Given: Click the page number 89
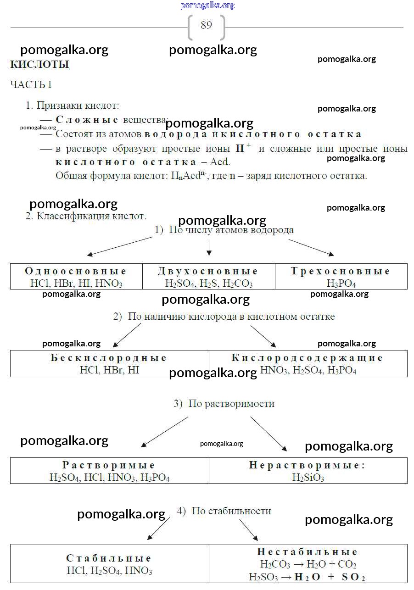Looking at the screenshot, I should (x=206, y=25).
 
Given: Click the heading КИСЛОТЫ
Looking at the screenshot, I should (x=39, y=65).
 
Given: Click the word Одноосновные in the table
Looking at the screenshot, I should (x=76, y=271).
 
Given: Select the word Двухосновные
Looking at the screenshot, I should (x=208, y=271).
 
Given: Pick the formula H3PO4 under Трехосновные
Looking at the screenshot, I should (x=341, y=283).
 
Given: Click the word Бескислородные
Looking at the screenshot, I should (x=109, y=358).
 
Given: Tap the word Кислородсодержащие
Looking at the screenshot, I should (x=307, y=358).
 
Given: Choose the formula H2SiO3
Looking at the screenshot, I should (x=308, y=478).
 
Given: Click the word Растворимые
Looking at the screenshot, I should (x=109, y=465).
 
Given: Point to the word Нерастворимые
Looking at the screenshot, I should (x=307, y=465).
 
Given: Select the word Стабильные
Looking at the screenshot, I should (x=109, y=558).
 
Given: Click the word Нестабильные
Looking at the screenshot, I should (x=307, y=552).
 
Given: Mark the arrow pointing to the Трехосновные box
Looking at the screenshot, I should (x=311, y=247).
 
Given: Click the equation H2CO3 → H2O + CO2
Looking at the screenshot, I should (x=308, y=564).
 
